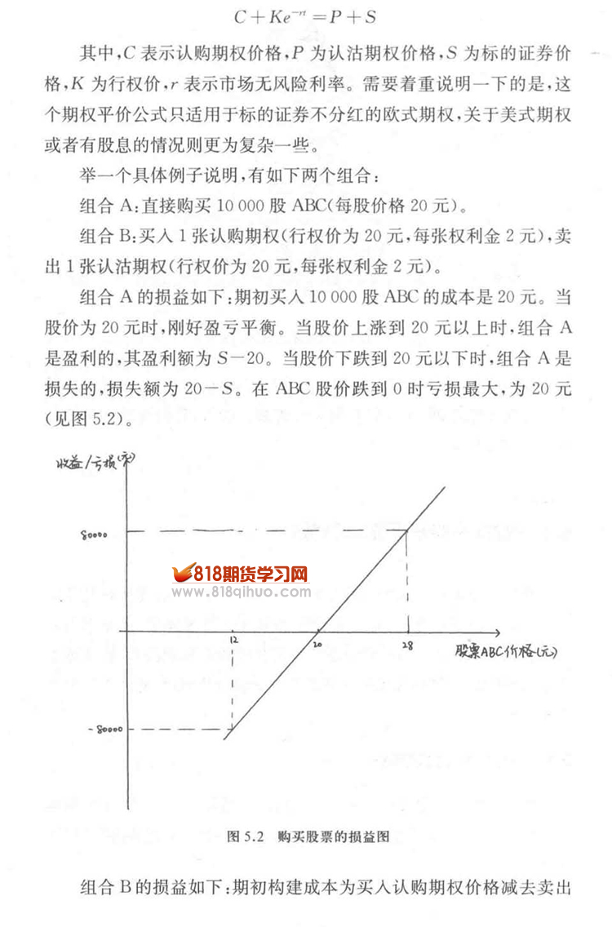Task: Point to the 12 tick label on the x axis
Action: tap(233, 643)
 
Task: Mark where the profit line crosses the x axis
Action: tap(319, 632)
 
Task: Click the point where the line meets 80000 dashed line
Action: tap(406, 532)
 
